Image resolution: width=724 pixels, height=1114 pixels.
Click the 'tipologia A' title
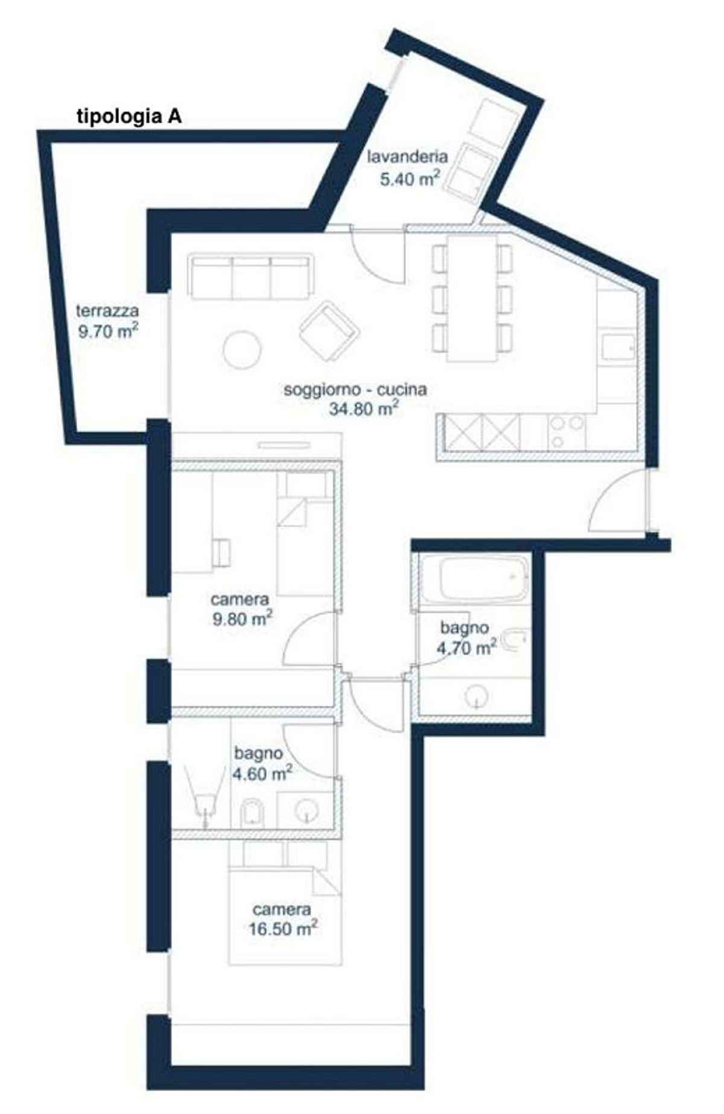pyautogui.click(x=129, y=116)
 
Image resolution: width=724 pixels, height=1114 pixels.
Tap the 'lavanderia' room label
pyautogui.click(x=408, y=157)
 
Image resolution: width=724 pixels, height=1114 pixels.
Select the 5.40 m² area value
pyautogui.click(x=408, y=179)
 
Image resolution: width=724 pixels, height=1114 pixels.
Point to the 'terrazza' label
pyautogui.click(x=107, y=311)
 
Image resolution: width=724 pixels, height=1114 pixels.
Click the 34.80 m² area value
pyautogui.click(x=364, y=409)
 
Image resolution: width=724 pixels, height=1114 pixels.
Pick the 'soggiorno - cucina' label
pyautogui.click(x=355, y=389)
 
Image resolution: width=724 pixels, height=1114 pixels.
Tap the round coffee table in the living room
pyautogui.click(x=243, y=349)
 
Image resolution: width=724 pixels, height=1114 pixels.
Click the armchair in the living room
pyautogui.click(x=329, y=331)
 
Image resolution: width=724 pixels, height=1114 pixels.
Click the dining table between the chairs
pyautogui.click(x=472, y=298)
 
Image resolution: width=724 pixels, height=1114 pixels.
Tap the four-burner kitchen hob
pyautogui.click(x=567, y=432)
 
